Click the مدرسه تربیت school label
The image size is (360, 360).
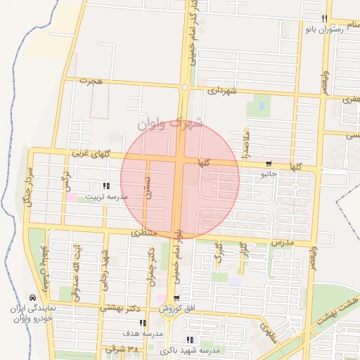106,198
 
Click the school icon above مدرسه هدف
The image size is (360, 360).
142,323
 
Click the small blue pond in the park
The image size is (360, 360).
262,106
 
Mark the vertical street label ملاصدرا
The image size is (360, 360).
245,145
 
